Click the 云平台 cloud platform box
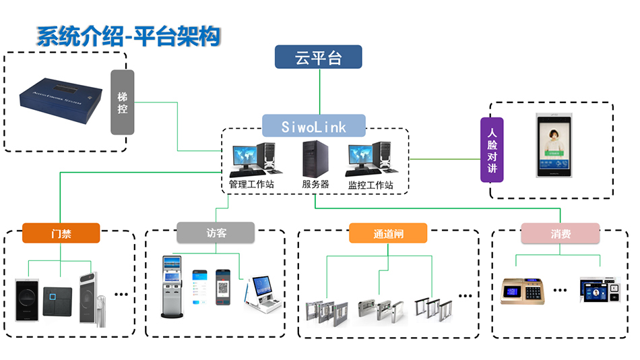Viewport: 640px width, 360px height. click(319, 57)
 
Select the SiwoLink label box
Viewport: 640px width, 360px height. click(314, 126)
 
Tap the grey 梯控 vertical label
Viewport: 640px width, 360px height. click(122, 102)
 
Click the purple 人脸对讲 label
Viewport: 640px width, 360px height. click(492, 150)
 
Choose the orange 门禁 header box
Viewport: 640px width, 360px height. click(61, 233)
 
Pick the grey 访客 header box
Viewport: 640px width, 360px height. click(216, 233)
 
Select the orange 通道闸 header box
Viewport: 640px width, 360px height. click(388, 233)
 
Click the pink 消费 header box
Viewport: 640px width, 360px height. click(560, 233)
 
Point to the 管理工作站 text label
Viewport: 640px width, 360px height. click(251, 184)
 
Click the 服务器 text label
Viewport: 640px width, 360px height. click(315, 184)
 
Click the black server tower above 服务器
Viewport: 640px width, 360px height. click(312, 159)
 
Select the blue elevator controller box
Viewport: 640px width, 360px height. click(61, 101)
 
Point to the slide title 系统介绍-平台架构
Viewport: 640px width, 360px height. click(129, 37)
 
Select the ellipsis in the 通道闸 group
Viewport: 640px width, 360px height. click(465, 295)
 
